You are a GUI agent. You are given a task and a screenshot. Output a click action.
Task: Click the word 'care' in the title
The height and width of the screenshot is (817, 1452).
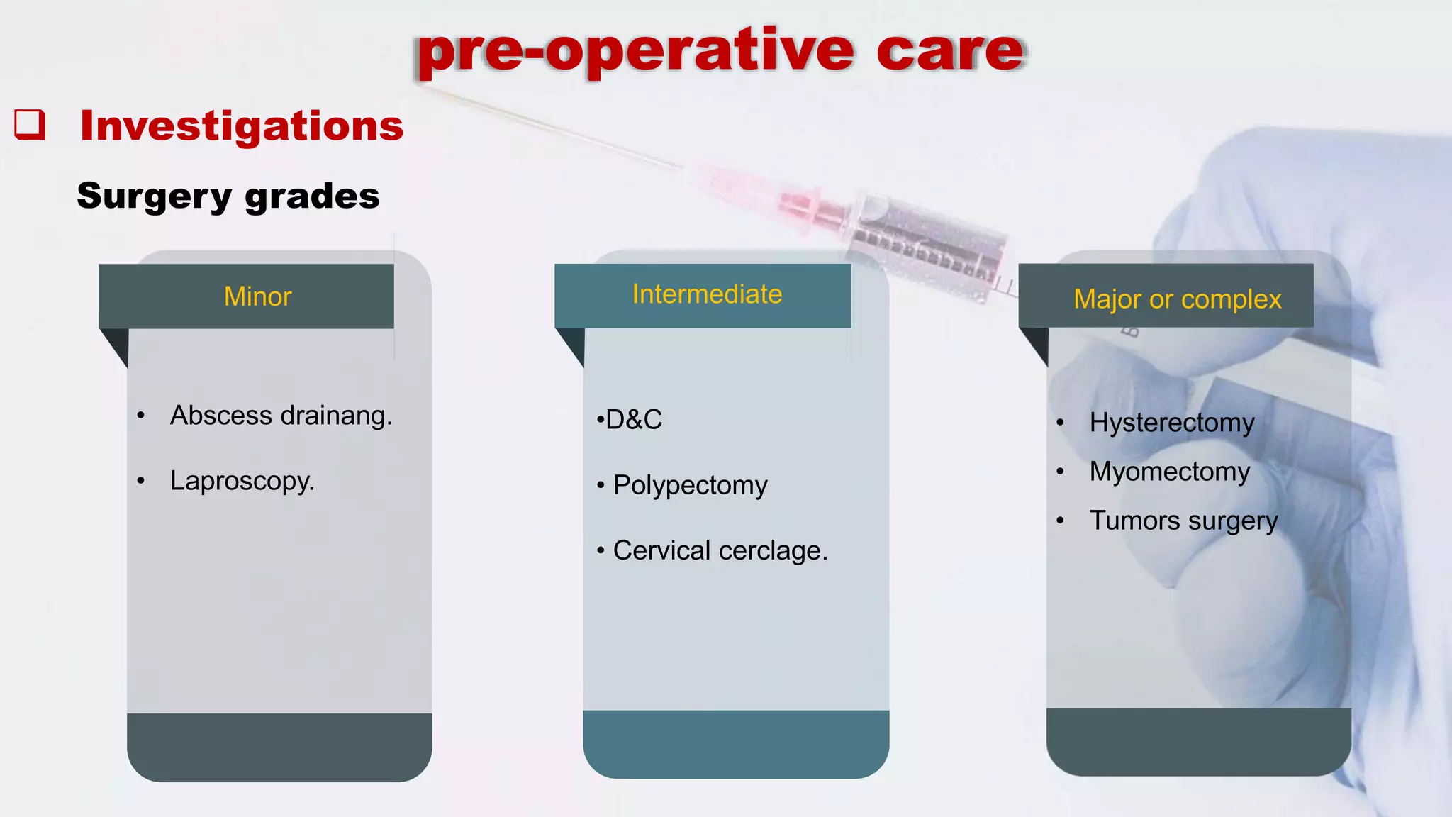pyautogui.click(x=950, y=51)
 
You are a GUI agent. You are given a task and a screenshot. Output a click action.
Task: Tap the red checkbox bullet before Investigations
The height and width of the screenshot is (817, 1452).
pyautogui.click(x=30, y=125)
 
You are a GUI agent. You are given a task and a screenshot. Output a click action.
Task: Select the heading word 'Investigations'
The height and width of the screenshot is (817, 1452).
pyautogui.click(x=241, y=126)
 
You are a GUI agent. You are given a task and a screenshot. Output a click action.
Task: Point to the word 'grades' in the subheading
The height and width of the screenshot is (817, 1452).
pyautogui.click(x=312, y=196)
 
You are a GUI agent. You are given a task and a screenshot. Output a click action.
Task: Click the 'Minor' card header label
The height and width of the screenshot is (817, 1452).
pyautogui.click(x=257, y=296)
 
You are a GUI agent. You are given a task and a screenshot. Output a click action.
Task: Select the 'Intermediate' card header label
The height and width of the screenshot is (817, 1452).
pyautogui.click(x=707, y=294)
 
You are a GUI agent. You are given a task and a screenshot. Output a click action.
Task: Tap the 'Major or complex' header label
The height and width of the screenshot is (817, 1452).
pyautogui.click(x=1177, y=299)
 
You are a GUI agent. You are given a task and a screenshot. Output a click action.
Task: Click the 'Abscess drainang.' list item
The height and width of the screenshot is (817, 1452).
pyautogui.click(x=281, y=416)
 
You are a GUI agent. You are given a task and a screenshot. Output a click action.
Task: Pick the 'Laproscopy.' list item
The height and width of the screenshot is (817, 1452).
pyautogui.click(x=242, y=481)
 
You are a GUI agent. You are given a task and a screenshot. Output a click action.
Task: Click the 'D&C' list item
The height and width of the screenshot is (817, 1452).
pyautogui.click(x=633, y=420)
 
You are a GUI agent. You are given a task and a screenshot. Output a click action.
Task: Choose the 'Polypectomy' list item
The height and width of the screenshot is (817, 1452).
pyautogui.click(x=690, y=485)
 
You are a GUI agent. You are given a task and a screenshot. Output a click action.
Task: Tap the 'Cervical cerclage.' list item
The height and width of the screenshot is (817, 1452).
pyautogui.click(x=720, y=550)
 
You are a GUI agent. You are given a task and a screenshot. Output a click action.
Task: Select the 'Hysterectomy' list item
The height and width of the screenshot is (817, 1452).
pyautogui.click(x=1171, y=423)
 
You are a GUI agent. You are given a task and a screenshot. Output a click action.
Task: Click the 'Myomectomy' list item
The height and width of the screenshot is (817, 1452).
pyautogui.click(x=1169, y=472)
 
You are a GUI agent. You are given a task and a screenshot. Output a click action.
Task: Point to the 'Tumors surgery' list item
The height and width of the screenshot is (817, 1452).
pyautogui.click(x=1183, y=521)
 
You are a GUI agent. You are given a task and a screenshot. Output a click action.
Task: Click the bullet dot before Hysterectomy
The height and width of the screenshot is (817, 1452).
pyautogui.click(x=1060, y=423)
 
